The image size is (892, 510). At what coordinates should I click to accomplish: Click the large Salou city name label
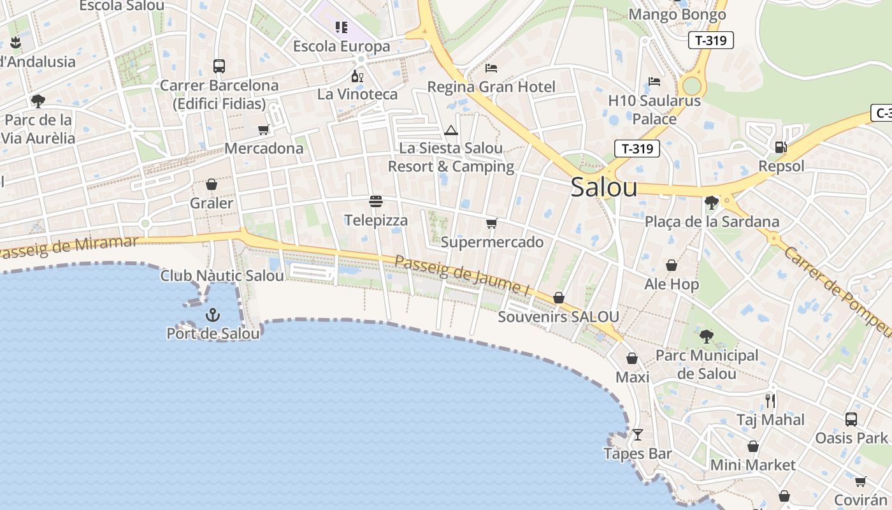pos(603,187)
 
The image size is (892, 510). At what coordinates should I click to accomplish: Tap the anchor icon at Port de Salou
pos(213,315)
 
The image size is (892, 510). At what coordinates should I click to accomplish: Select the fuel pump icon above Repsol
pos(780,147)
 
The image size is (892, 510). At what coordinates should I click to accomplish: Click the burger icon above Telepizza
pos(376,202)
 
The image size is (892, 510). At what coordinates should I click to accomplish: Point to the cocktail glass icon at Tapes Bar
pos(637,435)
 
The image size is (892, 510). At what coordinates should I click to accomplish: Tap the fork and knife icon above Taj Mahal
pos(770,401)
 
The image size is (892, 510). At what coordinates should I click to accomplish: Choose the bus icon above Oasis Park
pos(851,419)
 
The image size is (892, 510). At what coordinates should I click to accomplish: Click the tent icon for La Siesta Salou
pos(451,131)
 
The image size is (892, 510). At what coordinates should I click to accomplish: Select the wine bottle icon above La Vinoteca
pos(357,76)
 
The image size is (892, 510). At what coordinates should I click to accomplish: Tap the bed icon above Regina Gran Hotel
pos(491,68)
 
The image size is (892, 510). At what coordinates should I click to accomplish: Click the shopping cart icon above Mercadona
pos(264,130)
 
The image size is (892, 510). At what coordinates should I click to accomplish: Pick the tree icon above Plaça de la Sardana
pos(712,203)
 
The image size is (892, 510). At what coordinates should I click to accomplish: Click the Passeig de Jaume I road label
pos(463,275)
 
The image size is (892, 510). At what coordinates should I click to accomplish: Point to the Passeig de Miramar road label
pos(69,247)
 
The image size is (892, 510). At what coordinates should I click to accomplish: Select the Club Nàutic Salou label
pos(222,276)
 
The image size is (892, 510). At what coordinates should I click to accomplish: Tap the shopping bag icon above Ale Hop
pos(672,265)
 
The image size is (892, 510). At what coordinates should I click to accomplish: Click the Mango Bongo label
pos(677,14)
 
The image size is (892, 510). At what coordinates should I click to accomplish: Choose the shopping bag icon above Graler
pos(212,185)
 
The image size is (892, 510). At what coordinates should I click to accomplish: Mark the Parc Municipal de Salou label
pos(707,364)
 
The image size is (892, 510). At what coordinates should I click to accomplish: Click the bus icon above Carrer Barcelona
pos(219,66)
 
